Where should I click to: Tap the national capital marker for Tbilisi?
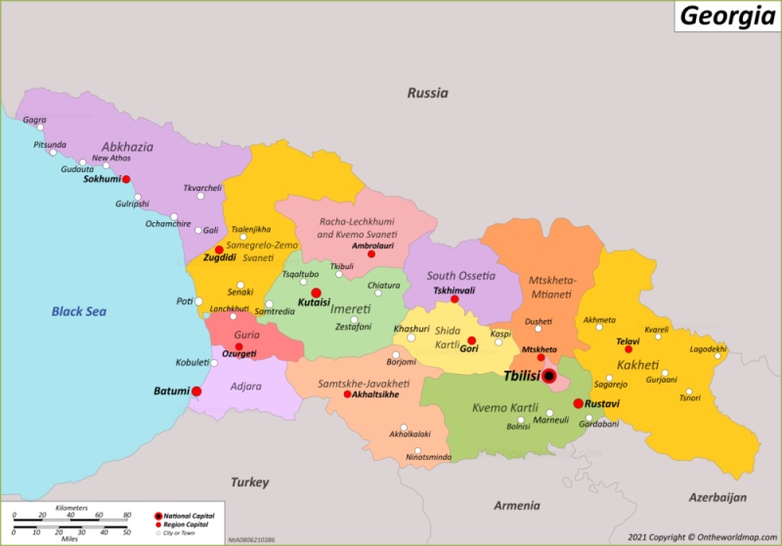[x=549, y=376]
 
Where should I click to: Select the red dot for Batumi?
[x=196, y=391]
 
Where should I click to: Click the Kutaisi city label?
[x=315, y=304]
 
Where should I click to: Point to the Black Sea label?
[x=79, y=311]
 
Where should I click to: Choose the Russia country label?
[x=427, y=94]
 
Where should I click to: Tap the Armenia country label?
[x=516, y=506]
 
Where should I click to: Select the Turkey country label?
[x=249, y=482]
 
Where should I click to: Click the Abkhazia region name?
[x=128, y=147]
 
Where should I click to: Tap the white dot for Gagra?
[x=40, y=126]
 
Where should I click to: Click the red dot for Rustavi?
[x=578, y=403]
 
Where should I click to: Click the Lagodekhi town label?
[x=708, y=349]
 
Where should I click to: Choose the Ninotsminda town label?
[x=428, y=457]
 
